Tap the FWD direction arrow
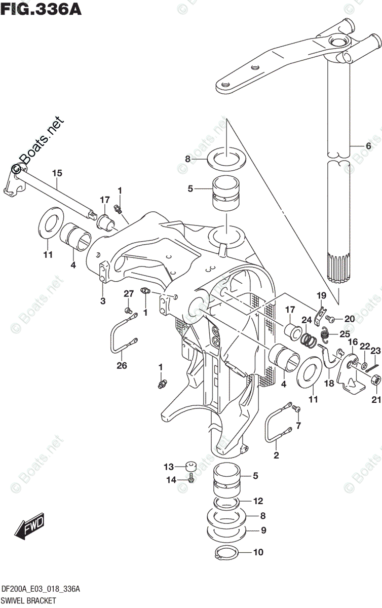(30, 526)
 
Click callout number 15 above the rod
(57, 174)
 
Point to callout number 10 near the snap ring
(258, 553)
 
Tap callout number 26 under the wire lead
(122, 365)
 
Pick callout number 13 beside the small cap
(168, 466)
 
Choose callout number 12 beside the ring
(258, 501)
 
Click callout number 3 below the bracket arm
(103, 301)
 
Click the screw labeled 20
(330, 319)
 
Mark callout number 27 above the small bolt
(129, 293)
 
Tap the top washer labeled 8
(227, 158)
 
